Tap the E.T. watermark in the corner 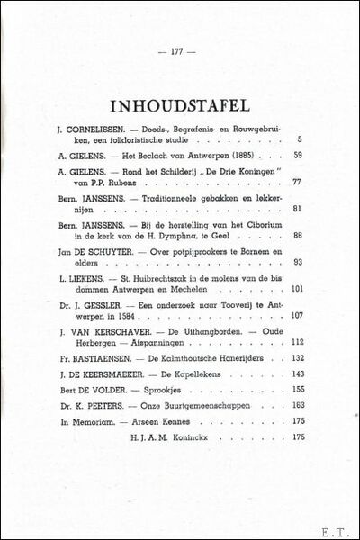337,525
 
